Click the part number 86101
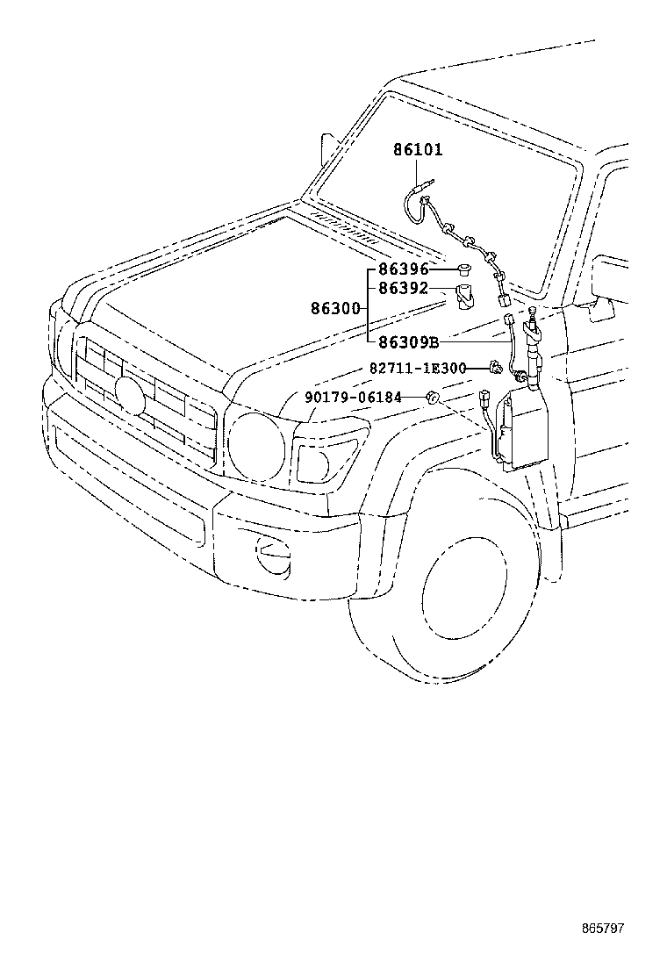pyautogui.click(x=418, y=150)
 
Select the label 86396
pyautogui.click(x=404, y=269)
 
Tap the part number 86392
pyautogui.click(x=404, y=288)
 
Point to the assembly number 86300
pyautogui.click(x=335, y=308)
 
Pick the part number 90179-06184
pyautogui.click(x=353, y=398)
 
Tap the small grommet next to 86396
pyautogui.click(x=464, y=268)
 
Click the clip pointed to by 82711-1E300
pyautogui.click(x=498, y=369)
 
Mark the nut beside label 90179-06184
pyautogui.click(x=432, y=398)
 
